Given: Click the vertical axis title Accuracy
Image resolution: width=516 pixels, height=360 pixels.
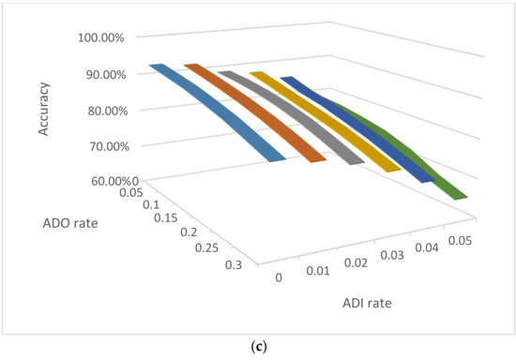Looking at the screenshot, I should [x=44, y=110].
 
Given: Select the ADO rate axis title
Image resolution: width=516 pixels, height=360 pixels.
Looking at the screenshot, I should [x=73, y=224].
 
